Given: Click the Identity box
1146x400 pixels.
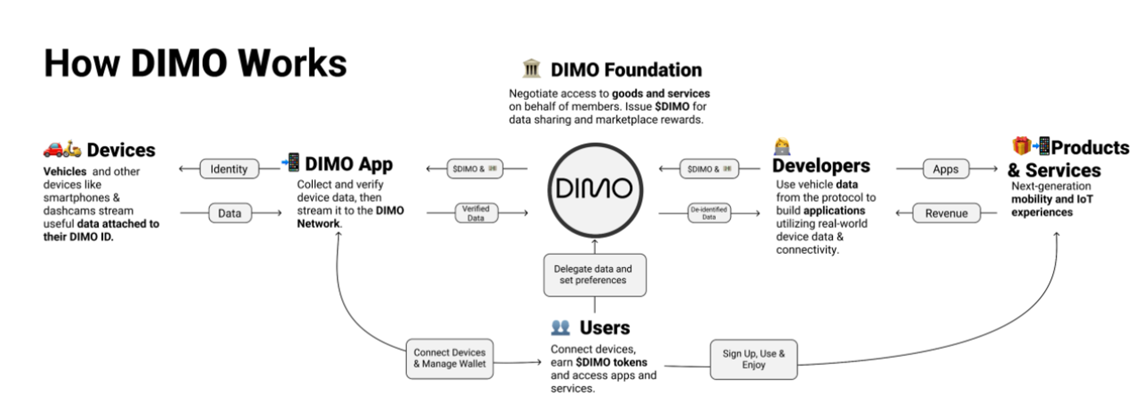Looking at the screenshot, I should [229, 169].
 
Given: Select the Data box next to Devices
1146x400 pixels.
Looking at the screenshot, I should [230, 213].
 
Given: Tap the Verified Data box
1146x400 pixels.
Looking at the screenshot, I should [476, 213].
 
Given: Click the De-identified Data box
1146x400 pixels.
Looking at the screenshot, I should [709, 213].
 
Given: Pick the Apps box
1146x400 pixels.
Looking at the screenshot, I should [945, 169].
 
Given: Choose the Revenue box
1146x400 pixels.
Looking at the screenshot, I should [946, 213].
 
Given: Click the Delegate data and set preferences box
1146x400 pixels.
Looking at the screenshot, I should [594, 275].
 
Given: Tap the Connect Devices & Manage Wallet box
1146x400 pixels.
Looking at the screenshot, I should [449, 359].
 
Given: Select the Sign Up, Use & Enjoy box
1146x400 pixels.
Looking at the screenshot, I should [753, 359].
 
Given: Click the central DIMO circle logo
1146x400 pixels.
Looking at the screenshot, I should [595, 190].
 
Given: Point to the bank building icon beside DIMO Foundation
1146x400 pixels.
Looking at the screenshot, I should [531, 69].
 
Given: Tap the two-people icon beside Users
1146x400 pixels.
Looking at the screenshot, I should [560, 328].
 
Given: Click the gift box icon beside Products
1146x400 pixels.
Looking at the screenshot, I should [1021, 146].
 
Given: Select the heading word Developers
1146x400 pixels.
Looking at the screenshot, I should [821, 166].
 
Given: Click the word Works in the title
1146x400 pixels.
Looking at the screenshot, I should [292, 63].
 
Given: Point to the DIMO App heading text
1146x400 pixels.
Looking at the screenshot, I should [348, 164].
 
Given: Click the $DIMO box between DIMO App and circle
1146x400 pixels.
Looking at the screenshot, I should [474, 169].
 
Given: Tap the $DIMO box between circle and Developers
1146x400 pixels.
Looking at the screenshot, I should [709, 169].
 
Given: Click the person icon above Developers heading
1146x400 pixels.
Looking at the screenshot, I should [782, 147].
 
